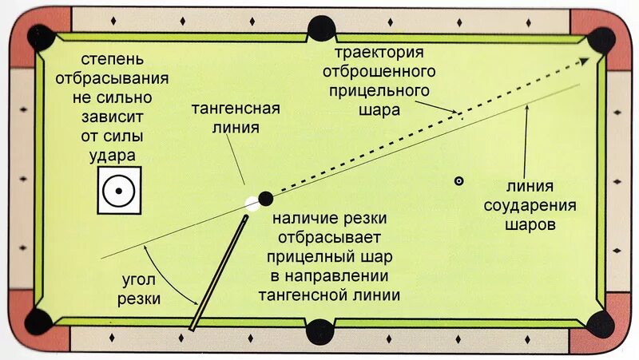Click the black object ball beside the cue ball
266,198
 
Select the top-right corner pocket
601,40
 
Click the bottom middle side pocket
320,330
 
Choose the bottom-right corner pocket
601,322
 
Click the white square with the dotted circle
119,191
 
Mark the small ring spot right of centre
458,181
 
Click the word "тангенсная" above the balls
236,109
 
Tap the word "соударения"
530,206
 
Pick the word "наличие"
300,219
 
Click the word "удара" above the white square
112,154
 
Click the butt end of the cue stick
193,326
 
